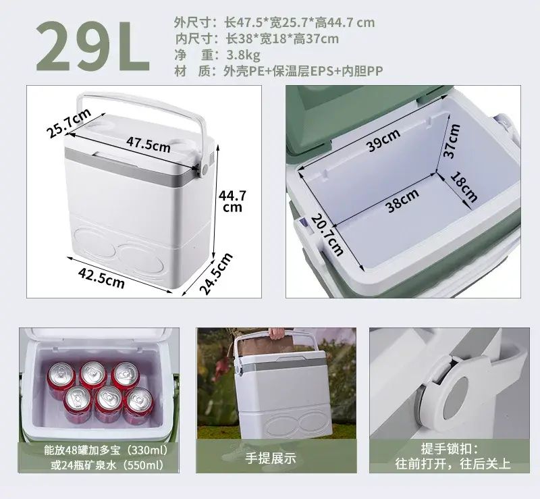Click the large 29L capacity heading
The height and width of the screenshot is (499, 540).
[92, 46]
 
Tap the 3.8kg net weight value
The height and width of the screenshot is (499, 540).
[243, 55]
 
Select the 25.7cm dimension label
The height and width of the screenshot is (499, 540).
[70, 123]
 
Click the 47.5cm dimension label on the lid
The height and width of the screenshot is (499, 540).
[148, 145]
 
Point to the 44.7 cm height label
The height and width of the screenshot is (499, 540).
[232, 201]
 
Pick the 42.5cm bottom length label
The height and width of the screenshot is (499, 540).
[101, 278]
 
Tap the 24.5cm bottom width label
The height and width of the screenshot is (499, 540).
[216, 273]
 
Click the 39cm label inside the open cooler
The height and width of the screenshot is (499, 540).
[383, 140]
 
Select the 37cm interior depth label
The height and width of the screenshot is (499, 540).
[452, 140]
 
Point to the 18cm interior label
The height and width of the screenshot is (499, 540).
[464, 187]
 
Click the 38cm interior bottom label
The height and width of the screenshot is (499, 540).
[402, 201]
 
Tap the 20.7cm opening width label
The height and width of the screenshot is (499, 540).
[327, 236]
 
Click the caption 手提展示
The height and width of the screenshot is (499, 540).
[271, 458]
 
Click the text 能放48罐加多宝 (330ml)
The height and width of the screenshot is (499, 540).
[106, 450]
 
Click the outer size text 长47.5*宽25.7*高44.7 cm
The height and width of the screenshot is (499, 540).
[299, 23]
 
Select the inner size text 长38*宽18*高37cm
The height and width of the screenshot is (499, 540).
[282, 38]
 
